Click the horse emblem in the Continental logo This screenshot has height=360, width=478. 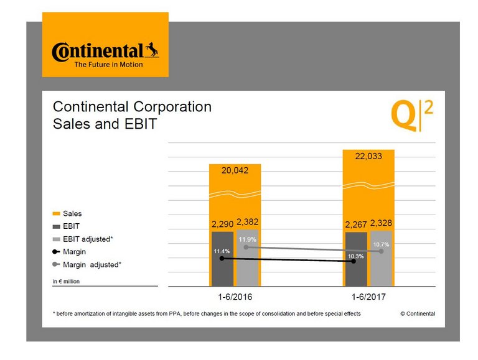(152, 49)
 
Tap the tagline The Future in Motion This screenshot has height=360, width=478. (108, 64)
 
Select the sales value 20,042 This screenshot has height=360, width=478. (235, 170)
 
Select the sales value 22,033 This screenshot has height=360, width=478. (368, 156)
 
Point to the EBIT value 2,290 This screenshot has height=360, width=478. (222, 223)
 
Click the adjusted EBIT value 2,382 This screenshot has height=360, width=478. (248, 223)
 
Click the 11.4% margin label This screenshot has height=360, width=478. (222, 250)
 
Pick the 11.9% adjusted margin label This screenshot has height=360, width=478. (247, 239)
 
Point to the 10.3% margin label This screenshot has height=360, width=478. (355, 256)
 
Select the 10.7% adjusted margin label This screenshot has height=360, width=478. (380, 244)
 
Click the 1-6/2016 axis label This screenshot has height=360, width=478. (234, 297)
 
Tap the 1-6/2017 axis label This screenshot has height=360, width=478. (368, 297)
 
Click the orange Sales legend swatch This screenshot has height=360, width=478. (57, 214)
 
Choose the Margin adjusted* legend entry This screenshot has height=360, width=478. (92, 265)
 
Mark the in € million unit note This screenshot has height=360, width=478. (66, 281)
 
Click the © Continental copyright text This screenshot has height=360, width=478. (418, 313)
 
